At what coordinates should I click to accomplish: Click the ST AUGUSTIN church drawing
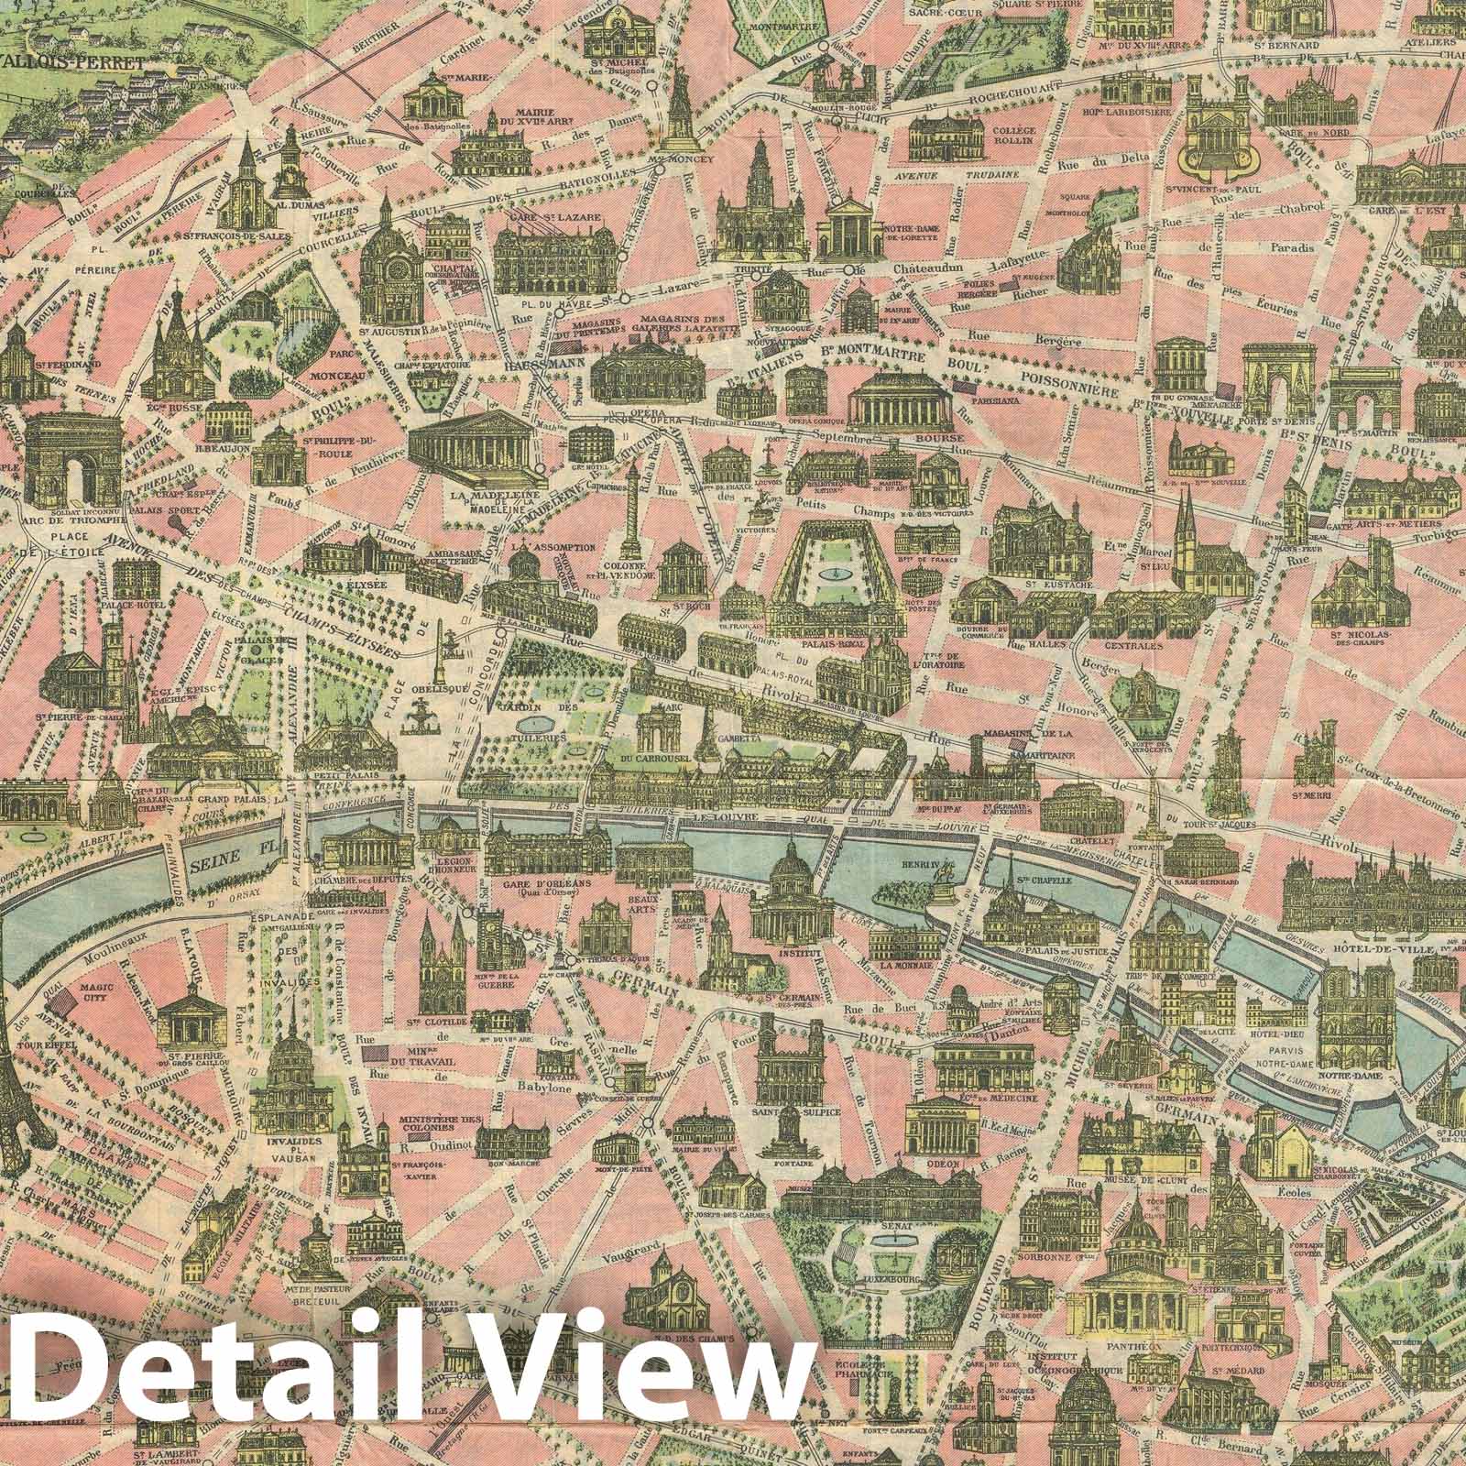click(392, 266)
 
